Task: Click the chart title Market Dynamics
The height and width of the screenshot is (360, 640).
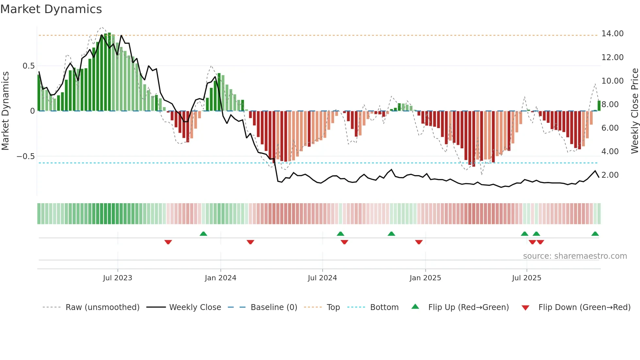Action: tap(51, 9)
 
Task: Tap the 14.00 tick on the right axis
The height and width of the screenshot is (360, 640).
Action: tap(612, 34)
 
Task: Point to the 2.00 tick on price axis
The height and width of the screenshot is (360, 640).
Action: tap(610, 175)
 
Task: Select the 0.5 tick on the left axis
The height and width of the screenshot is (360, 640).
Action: tap(28, 66)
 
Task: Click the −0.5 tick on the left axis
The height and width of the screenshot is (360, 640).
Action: tap(26, 156)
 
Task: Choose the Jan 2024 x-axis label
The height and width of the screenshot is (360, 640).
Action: tap(220, 278)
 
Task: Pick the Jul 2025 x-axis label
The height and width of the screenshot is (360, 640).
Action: tap(526, 278)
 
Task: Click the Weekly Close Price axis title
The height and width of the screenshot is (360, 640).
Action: tap(634, 111)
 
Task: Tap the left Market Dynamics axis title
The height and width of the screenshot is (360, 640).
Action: tap(5, 111)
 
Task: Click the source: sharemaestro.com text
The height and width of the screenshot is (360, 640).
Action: tap(575, 256)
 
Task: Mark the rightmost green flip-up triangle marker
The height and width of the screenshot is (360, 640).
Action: tap(595, 234)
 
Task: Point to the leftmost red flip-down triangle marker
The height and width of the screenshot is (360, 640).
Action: tap(168, 242)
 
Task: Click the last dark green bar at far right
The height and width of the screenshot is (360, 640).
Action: tap(599, 106)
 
